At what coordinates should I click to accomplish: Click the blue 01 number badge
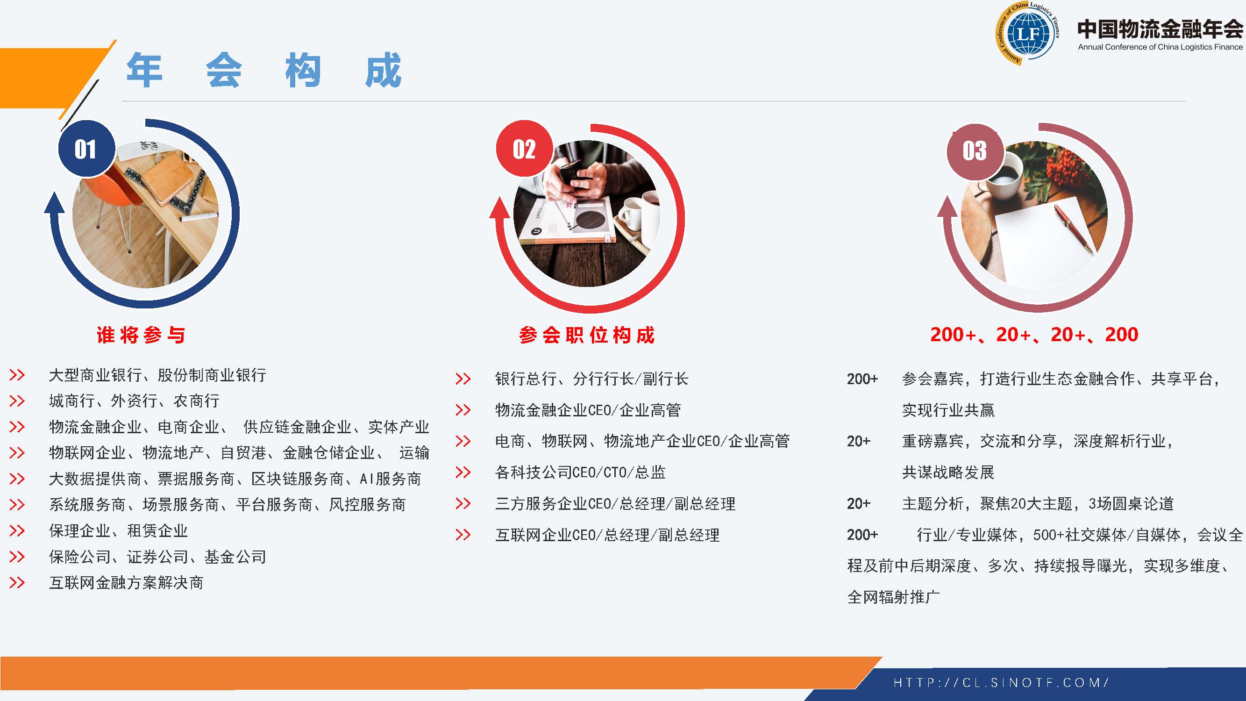point(86,149)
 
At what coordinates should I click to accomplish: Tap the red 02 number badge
point(524,149)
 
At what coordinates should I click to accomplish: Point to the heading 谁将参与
point(141,335)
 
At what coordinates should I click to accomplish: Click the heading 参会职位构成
point(587,335)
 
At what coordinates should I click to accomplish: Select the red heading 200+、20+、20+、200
point(1034,335)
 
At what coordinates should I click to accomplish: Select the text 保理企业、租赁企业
point(118,531)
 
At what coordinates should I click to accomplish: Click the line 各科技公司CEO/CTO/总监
point(580,472)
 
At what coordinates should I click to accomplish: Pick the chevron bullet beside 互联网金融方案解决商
point(17,582)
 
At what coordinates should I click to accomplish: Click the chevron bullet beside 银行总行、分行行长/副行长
point(463,379)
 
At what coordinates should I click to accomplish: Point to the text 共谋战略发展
point(948,472)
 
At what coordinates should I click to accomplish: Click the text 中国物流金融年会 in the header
point(1160,29)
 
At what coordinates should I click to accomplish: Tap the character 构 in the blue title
point(303,71)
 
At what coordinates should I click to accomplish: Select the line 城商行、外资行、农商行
point(134,401)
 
